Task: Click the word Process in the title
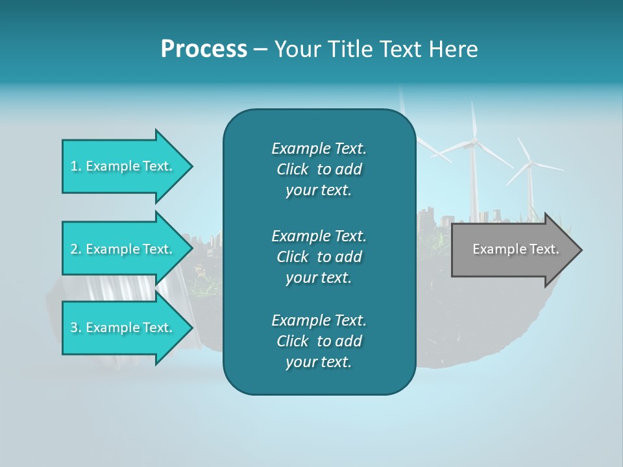pyautogui.click(x=204, y=49)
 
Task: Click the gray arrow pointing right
pyautogui.click(x=513, y=249)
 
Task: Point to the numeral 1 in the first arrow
pyautogui.click(x=74, y=166)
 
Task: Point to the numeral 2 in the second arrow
pyautogui.click(x=74, y=249)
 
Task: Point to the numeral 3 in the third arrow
pyautogui.click(x=74, y=328)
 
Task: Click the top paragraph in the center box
pyautogui.click(x=319, y=169)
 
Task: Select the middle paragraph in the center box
pyautogui.click(x=319, y=256)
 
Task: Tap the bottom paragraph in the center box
pyautogui.click(x=319, y=341)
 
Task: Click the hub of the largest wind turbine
pyautogui.click(x=474, y=141)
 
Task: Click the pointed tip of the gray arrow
pyautogui.click(x=581, y=250)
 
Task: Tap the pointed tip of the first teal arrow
pyautogui.click(x=191, y=166)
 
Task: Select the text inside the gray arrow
pyautogui.click(x=515, y=249)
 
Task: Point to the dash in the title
pyautogui.click(x=260, y=49)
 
